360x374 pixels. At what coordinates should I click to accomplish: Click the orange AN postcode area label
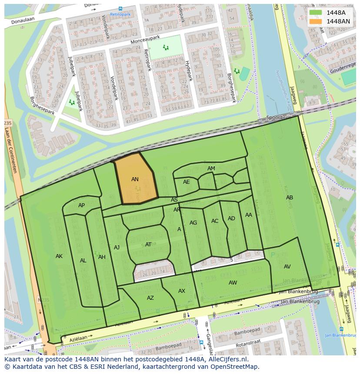pyautogui.click(x=135, y=179)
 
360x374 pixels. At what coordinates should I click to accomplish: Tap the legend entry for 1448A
pyautogui.click(x=336, y=13)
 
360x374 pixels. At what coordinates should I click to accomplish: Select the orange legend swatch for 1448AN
pyautogui.click(x=316, y=21)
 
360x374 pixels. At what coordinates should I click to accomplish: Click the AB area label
pyautogui.click(x=289, y=198)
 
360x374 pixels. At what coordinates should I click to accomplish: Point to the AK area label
pyautogui.click(x=59, y=256)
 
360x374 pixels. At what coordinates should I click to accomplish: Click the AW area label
pyautogui.click(x=233, y=283)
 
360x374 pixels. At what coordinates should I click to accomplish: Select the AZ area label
pyautogui.click(x=150, y=298)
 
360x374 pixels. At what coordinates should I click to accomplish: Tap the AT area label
pyautogui.click(x=148, y=245)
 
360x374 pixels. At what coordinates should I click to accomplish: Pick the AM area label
pyautogui.click(x=211, y=169)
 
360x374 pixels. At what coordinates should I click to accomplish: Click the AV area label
pyautogui.click(x=287, y=267)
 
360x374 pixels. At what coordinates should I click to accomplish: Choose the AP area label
pyautogui.click(x=81, y=205)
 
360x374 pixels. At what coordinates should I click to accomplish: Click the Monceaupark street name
pyautogui.click(x=145, y=40)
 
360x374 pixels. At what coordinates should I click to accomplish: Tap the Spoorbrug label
pyautogui.click(x=279, y=118)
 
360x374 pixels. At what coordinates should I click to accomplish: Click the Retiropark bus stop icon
pyautogui.click(x=120, y=8)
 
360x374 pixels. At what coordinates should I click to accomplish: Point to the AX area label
pyautogui.click(x=182, y=291)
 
